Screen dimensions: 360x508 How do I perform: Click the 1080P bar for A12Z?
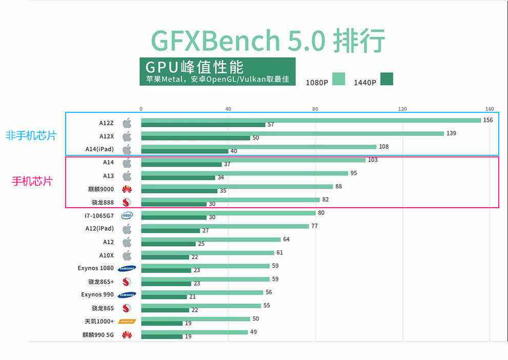tap(311, 120)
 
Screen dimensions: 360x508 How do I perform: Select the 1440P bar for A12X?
tap(195, 138)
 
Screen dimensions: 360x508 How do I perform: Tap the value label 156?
tap(488, 120)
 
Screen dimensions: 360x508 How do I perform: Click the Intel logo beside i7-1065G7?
tap(127, 215)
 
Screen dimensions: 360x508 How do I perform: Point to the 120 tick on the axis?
tap(402, 109)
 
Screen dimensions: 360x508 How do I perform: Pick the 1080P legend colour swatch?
tap(338, 79)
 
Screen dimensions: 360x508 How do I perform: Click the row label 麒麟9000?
tap(101, 189)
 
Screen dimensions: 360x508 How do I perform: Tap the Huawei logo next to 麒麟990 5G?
tap(127, 335)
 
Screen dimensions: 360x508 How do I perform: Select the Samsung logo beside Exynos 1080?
tap(127, 268)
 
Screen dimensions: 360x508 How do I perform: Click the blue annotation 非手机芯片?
tap(31, 136)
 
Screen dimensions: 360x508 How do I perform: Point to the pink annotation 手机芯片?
tap(32, 182)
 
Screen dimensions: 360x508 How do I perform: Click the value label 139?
tap(451, 133)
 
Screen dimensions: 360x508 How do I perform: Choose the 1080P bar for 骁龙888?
tap(230, 199)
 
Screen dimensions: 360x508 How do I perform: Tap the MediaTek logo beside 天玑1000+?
tap(127, 322)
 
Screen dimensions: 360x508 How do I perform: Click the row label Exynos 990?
tap(97, 294)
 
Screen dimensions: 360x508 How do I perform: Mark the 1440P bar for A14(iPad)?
tap(185, 151)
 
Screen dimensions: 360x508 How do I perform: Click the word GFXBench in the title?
tap(215, 41)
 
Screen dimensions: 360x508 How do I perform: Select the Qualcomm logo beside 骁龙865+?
tap(127, 282)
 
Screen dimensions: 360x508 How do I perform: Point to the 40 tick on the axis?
tap(228, 109)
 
